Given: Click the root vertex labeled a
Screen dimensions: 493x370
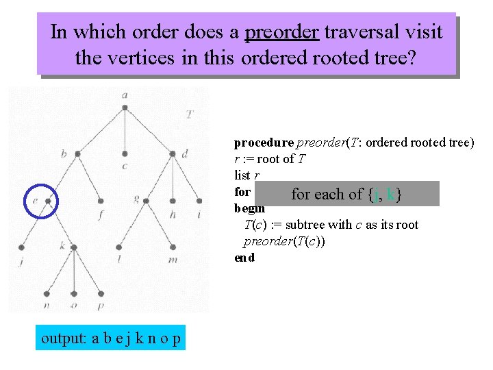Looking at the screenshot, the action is tap(125, 108).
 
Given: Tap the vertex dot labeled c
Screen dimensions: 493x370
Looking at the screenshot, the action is tap(125, 153).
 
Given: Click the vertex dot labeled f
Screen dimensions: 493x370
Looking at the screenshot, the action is tap(101, 201).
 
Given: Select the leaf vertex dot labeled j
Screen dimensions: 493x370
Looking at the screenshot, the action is tap(23, 246).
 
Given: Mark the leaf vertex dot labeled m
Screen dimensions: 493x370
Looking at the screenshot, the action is tap(173, 246).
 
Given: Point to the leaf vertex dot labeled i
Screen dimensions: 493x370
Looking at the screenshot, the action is tap(199, 201).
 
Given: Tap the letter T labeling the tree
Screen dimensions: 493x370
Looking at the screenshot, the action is tap(189, 114).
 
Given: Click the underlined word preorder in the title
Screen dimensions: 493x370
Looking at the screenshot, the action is tap(281, 32).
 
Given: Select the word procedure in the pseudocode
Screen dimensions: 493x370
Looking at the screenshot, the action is tap(263, 143).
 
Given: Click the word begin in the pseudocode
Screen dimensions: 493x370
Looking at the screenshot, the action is tap(249, 208).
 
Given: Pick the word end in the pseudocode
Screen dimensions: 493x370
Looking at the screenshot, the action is tap(244, 258).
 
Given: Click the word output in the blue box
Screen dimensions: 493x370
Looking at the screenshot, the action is tap(63, 338).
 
